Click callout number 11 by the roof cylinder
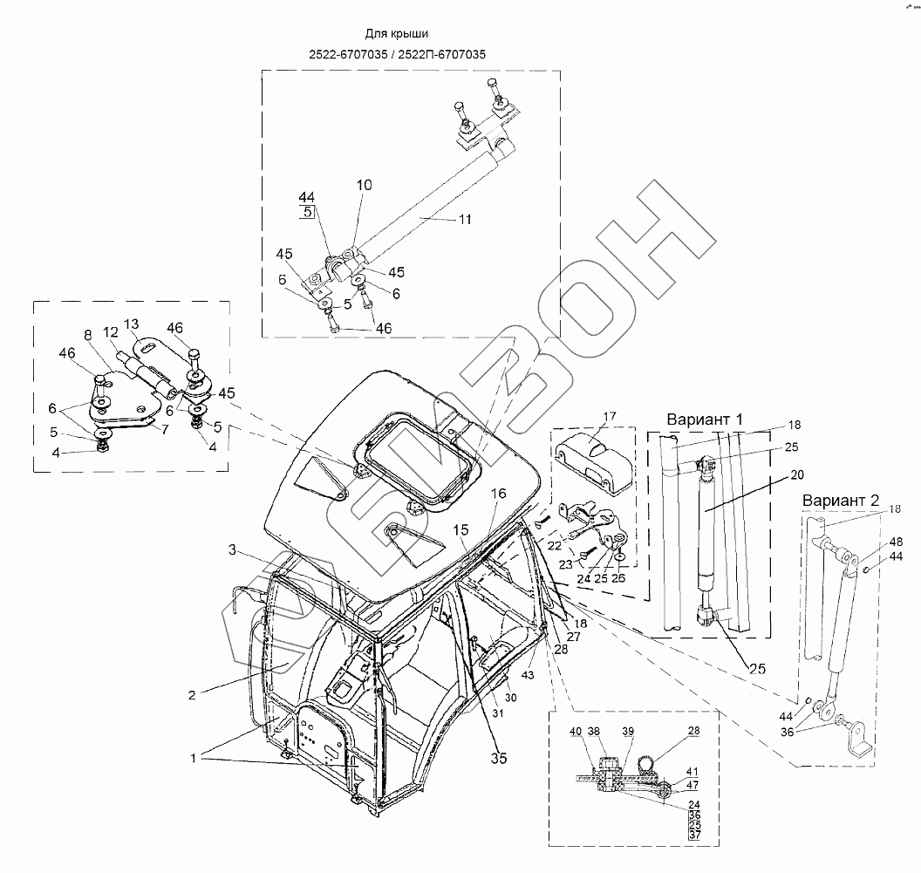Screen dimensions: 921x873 [x=465, y=220]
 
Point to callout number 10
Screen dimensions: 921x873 [x=364, y=185]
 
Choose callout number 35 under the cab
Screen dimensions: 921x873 [x=498, y=759]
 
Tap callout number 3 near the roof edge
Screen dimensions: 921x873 [x=232, y=549]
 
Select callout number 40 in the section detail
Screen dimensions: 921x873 [x=575, y=731]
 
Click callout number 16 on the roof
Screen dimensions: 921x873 [x=497, y=494]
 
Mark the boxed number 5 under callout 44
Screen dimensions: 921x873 [x=308, y=212]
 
